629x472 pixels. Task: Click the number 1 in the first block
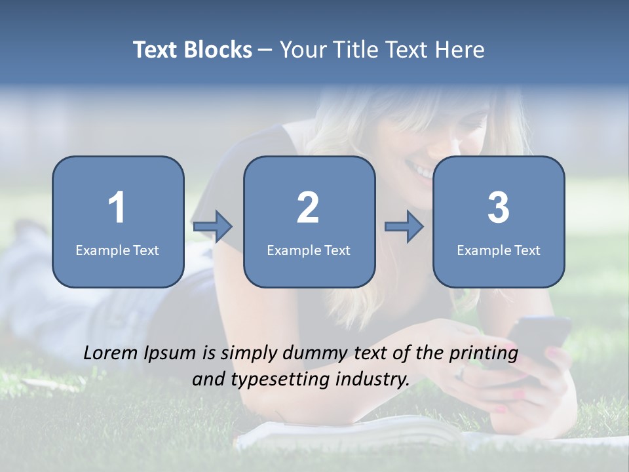click(x=117, y=208)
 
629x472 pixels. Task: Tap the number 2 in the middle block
click(x=308, y=208)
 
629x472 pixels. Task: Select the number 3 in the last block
click(x=499, y=208)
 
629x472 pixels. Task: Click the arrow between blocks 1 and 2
click(x=213, y=227)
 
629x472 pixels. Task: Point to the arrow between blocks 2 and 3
click(x=404, y=227)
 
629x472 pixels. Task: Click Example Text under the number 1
click(x=117, y=250)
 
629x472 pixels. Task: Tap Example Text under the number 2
click(x=309, y=250)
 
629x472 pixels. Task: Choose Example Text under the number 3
click(x=499, y=250)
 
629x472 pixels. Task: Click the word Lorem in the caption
click(x=111, y=353)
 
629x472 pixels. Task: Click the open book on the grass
click(x=354, y=431)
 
